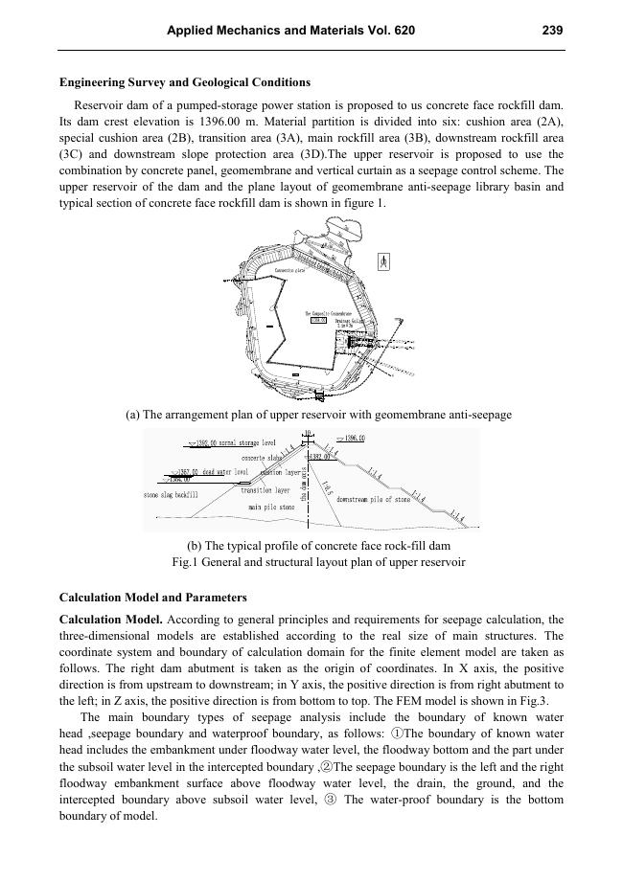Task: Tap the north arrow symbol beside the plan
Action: (384, 260)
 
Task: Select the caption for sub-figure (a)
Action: (318, 415)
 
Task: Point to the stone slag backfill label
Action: (171, 495)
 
